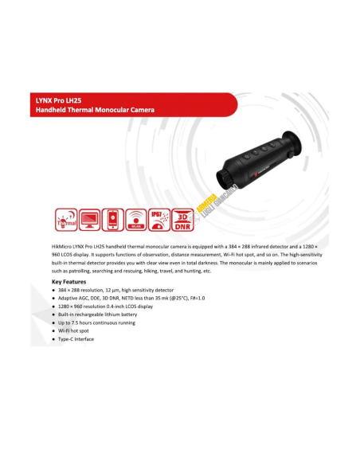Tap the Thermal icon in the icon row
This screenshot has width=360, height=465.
click(x=65, y=218)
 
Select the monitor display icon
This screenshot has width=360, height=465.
click(x=89, y=218)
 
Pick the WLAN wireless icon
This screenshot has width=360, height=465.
click(x=137, y=218)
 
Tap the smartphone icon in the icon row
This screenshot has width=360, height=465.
click(x=113, y=218)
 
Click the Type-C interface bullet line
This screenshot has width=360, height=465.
click(x=76, y=339)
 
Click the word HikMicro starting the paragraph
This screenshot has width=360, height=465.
click(x=62, y=248)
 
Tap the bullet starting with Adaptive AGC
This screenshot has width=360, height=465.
click(x=119, y=298)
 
